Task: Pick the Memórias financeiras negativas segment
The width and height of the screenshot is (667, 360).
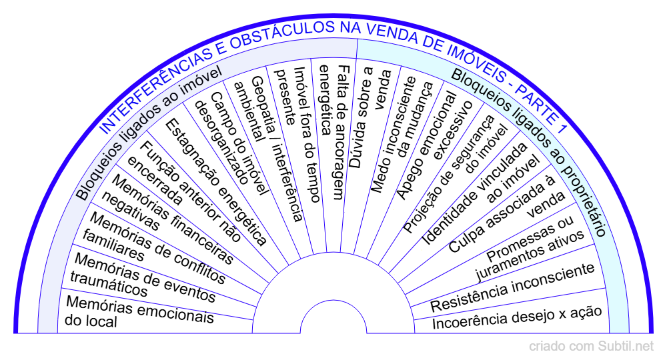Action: pyautogui.click(x=171, y=217)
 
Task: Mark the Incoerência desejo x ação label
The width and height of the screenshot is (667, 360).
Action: pyautogui.click(x=517, y=317)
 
